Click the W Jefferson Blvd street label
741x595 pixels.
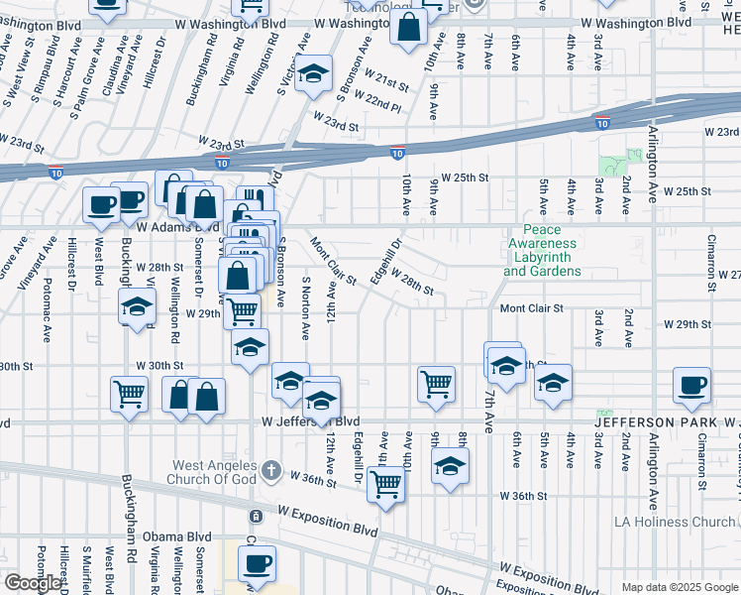(x=312, y=421)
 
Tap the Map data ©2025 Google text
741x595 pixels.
(x=679, y=587)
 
